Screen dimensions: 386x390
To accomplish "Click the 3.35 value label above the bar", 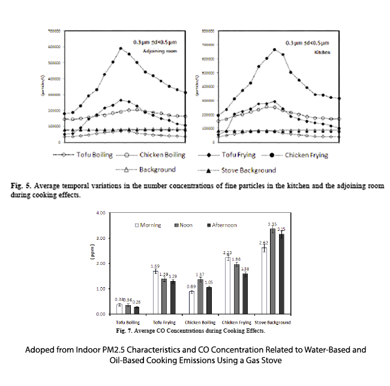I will (x=272, y=224).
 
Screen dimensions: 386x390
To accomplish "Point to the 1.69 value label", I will (x=155, y=266).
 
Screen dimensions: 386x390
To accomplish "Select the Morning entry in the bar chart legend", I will (x=150, y=225).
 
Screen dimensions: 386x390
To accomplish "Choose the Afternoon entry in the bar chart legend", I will (x=220, y=225).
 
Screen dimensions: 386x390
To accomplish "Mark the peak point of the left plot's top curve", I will (x=121, y=49).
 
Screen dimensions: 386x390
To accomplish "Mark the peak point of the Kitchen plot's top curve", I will (x=274, y=50).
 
